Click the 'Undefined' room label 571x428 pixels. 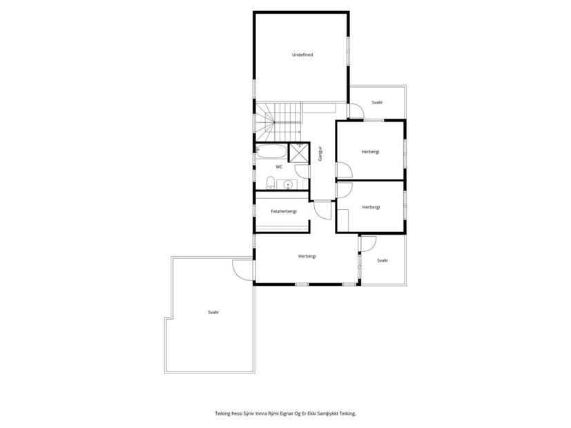(302, 55)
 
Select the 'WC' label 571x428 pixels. (279, 167)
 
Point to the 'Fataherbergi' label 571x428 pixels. (283, 211)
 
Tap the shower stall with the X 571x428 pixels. (299, 152)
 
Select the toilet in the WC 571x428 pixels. (271, 183)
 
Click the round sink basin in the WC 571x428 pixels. (289, 184)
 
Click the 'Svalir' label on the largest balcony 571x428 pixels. (213, 312)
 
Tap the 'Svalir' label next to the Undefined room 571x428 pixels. (377, 102)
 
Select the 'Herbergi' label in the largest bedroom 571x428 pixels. (307, 256)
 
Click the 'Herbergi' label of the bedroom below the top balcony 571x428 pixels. (371, 152)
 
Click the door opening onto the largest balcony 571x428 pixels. (244, 269)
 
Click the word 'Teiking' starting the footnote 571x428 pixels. (223, 414)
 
